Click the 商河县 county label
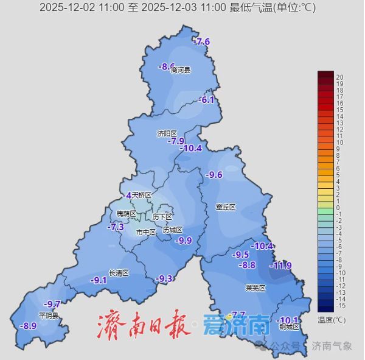click(181, 71)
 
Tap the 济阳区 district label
click(166, 133)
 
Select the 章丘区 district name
click(225, 207)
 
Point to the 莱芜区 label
click(255, 288)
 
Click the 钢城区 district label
click(290, 327)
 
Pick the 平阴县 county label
click(49, 316)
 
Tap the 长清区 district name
click(119, 273)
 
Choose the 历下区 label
click(162, 217)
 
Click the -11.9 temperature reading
click(281, 266)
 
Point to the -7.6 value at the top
click(202, 42)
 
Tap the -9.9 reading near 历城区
click(183, 241)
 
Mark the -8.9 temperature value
click(28, 326)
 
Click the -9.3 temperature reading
click(164, 278)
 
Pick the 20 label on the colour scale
click(340, 77)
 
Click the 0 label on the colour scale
click(338, 208)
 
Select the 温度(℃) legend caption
click(332, 319)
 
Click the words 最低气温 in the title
click(252, 8)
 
